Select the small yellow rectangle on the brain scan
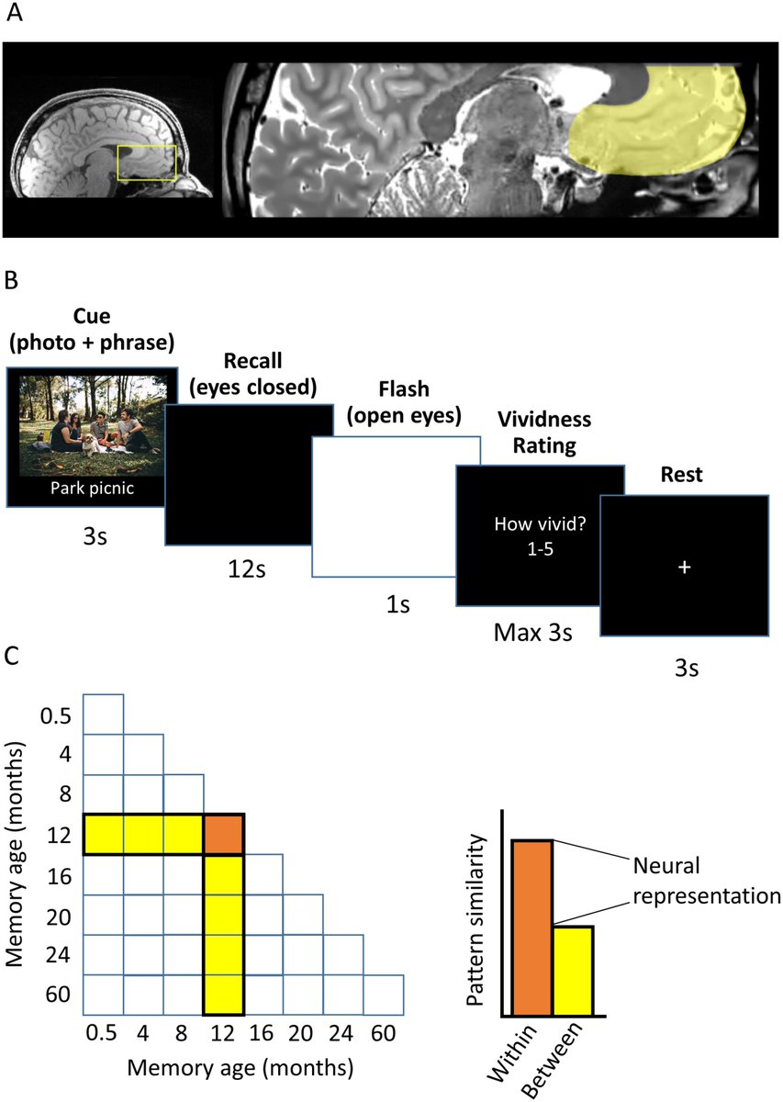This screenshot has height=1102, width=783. click(147, 163)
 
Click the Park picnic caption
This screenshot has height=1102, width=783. click(87, 488)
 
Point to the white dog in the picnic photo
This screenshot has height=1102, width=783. click(91, 444)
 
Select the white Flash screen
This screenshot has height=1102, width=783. click(397, 506)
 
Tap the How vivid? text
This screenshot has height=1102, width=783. click(540, 525)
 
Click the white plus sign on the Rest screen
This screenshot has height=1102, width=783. click(683, 568)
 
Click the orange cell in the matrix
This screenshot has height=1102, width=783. click(223, 834)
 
